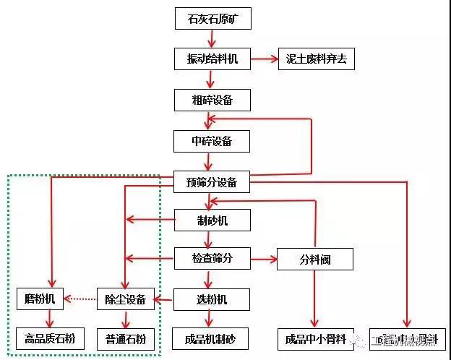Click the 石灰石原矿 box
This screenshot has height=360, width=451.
212,19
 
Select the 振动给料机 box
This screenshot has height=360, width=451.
212,59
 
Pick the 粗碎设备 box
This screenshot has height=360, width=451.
212,100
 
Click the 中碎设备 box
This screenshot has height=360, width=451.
212,140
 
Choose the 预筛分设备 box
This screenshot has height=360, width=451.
212,182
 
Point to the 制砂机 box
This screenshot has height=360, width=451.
212,220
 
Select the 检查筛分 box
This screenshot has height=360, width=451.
212,258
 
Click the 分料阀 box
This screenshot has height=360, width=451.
314,259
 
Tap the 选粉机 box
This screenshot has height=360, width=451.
212,299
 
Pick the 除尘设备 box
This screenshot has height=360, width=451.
126,299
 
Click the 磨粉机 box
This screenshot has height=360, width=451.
40,299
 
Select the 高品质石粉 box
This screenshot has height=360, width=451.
49,338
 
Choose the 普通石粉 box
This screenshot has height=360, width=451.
126,338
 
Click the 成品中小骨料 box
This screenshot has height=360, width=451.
314,338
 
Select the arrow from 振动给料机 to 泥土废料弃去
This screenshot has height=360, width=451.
264,59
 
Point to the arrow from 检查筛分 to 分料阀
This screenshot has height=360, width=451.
263,258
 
